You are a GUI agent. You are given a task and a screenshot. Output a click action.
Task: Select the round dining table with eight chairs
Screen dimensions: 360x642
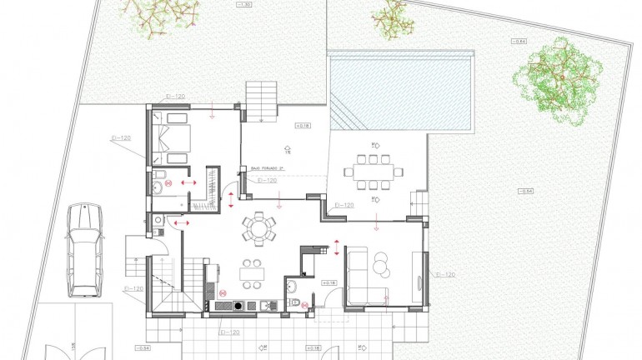259,228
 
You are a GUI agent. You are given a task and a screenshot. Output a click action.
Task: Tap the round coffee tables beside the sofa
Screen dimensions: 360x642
382,264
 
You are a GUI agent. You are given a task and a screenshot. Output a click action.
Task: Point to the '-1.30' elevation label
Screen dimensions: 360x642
244,5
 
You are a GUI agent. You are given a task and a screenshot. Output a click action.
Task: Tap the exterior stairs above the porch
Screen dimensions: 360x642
260,100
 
